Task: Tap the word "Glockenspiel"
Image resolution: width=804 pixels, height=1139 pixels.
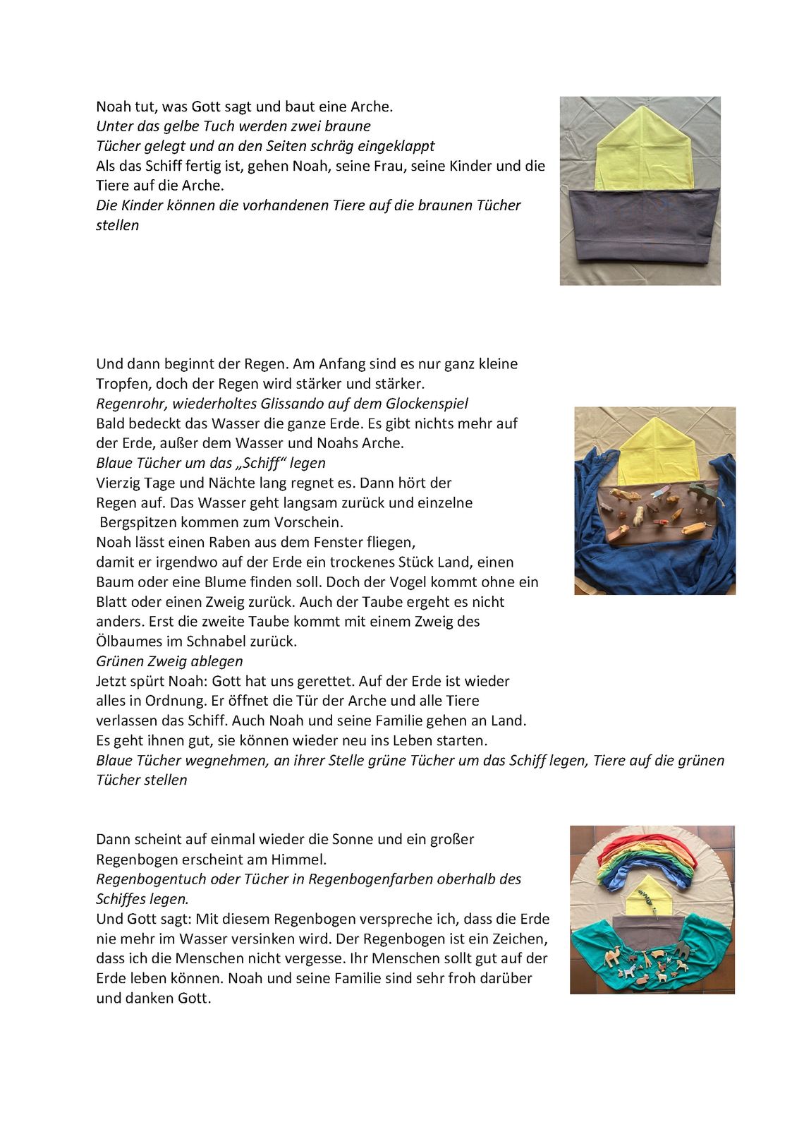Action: click(426, 404)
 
